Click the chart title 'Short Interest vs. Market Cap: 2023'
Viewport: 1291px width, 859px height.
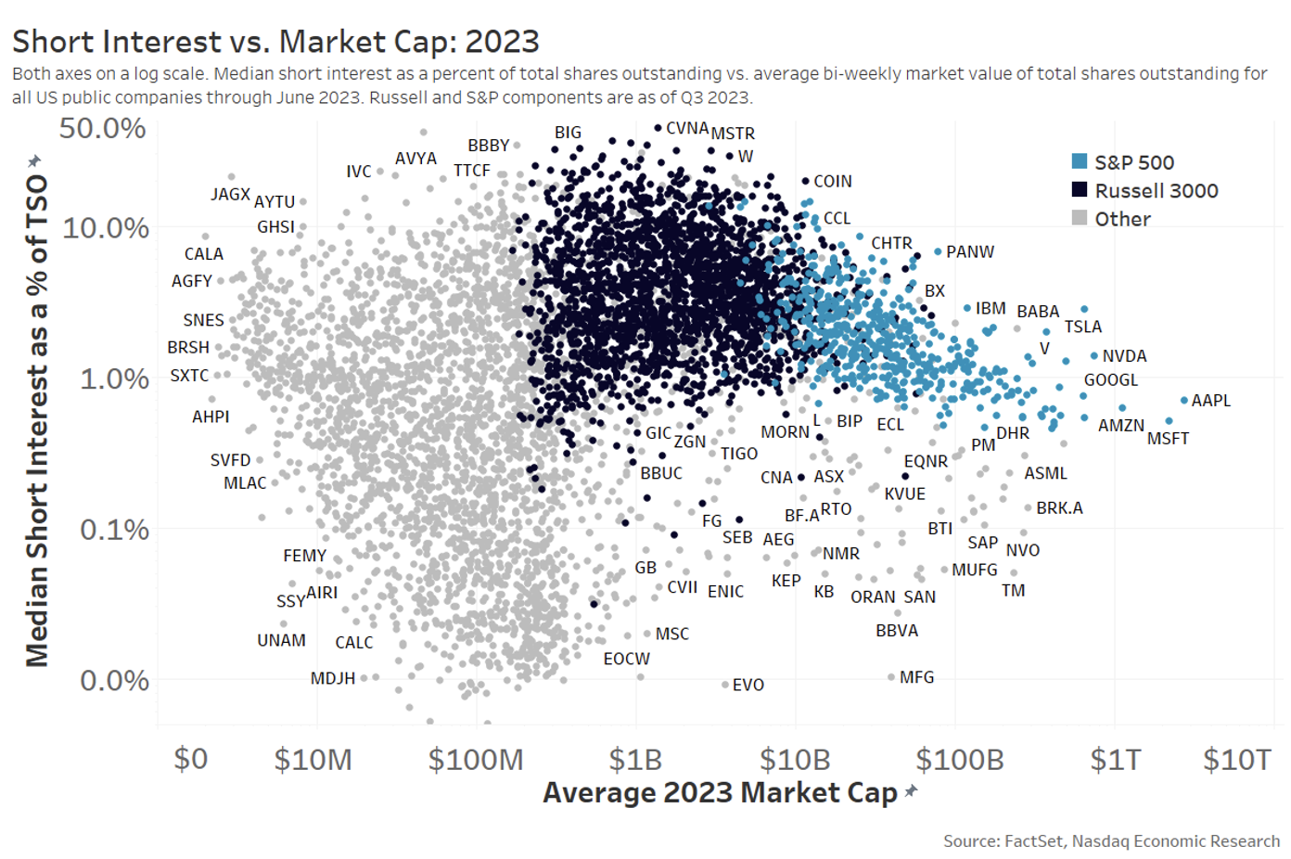pos(275,42)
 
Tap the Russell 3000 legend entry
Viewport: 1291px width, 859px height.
pos(1144,190)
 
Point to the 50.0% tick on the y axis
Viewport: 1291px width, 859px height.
pos(103,128)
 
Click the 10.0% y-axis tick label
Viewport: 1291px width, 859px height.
pos(105,227)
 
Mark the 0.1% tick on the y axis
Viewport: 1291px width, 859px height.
pos(113,530)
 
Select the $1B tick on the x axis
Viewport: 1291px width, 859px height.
pos(635,760)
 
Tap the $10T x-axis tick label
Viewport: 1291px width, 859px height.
pos(1236,760)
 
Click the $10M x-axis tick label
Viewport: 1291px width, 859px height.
pos(313,760)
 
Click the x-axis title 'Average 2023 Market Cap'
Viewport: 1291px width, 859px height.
pos(720,793)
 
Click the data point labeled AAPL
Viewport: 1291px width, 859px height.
pos(1183,401)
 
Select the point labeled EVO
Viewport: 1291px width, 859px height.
pos(725,685)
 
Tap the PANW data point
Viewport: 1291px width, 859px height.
pos(938,251)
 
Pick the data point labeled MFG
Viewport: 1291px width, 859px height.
pos(891,677)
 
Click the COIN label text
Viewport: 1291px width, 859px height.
pos(832,182)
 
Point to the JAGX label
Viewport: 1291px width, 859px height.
pos(230,194)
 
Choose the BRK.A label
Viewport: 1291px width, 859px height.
pos(1059,508)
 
